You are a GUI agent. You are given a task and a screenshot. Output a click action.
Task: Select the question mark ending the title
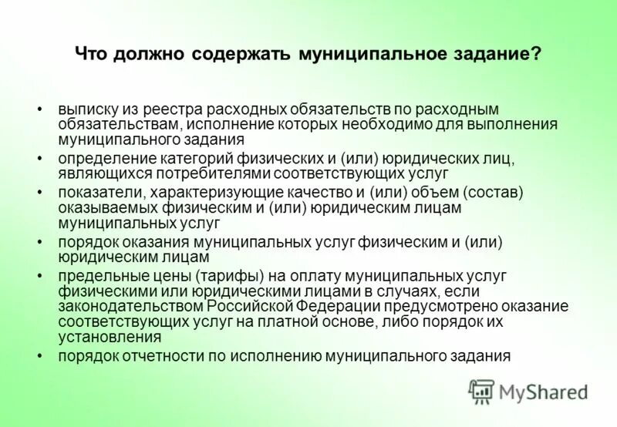pos(535,55)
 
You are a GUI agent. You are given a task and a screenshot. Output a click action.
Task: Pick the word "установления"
pos(110,337)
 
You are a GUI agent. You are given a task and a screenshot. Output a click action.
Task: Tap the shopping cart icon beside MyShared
pos(482,392)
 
